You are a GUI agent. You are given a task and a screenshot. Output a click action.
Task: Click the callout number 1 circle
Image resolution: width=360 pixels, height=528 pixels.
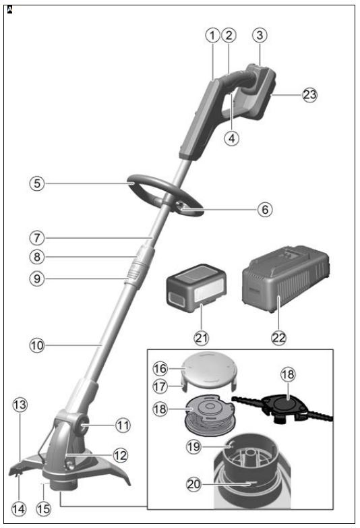point(214,34)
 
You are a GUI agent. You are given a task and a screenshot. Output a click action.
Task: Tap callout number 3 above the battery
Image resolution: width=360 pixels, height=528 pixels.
point(260,34)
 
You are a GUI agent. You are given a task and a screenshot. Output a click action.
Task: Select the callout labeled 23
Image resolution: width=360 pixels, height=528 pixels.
point(309,95)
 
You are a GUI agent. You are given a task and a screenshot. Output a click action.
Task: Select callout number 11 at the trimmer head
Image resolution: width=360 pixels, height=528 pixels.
point(122,426)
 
